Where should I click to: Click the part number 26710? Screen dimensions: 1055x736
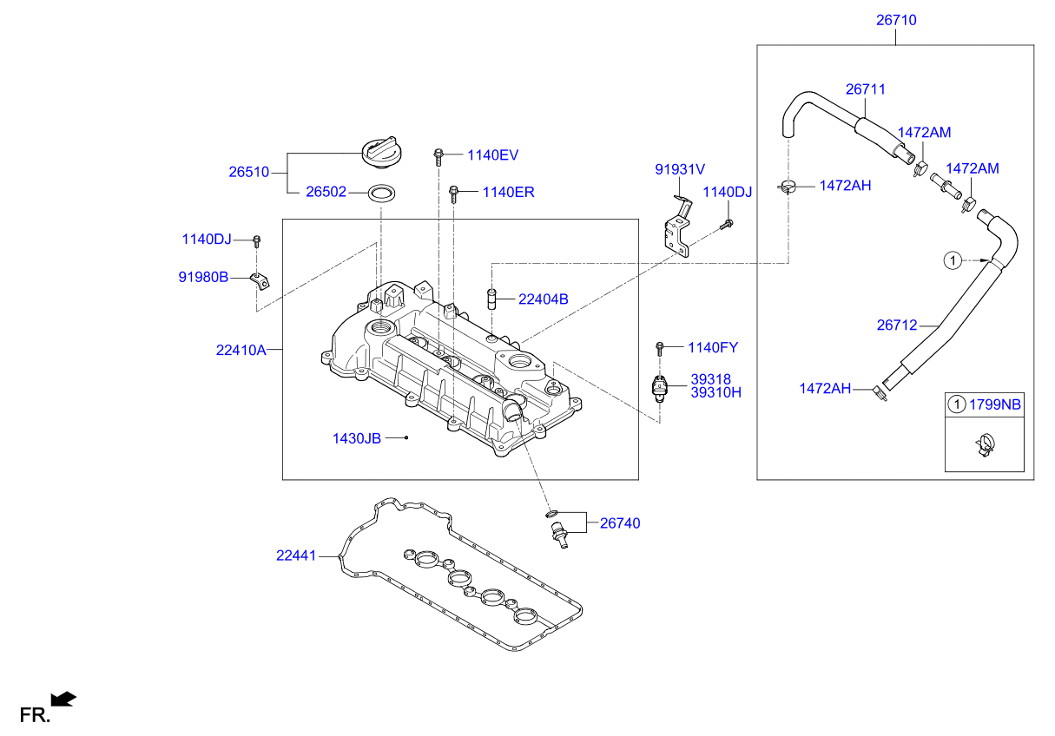[x=896, y=20]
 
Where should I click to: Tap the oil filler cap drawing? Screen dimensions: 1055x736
[x=382, y=152]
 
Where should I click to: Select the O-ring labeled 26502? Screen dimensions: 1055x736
[x=381, y=193]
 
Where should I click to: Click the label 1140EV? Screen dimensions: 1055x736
[x=492, y=154]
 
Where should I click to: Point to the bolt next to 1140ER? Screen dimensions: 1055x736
[x=453, y=194]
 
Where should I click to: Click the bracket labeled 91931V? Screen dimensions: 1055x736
[x=679, y=227]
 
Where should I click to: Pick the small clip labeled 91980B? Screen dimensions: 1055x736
[x=260, y=280]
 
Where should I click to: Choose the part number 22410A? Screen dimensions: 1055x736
[x=241, y=351]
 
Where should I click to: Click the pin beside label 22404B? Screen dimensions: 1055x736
[x=491, y=299]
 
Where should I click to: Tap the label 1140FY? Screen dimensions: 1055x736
[x=713, y=347]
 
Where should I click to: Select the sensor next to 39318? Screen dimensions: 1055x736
[x=659, y=389]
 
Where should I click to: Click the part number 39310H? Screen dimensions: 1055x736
[x=715, y=392]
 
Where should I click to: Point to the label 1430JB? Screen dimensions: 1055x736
[x=357, y=438]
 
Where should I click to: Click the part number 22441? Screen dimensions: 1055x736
[x=296, y=555]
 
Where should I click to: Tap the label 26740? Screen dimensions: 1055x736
[x=620, y=523]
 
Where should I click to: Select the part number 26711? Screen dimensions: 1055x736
[x=865, y=89]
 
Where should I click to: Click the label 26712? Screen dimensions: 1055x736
[x=897, y=325]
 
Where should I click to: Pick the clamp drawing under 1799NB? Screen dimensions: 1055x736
[x=984, y=445]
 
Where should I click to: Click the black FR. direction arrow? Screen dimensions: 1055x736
[x=63, y=699]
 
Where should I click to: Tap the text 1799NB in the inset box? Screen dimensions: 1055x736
[x=995, y=404]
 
